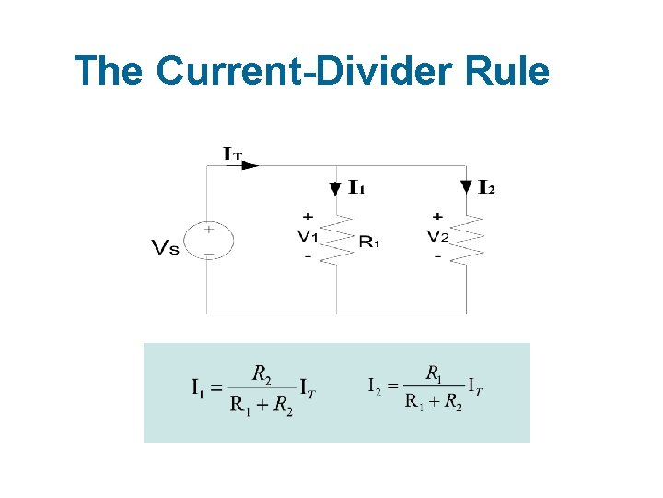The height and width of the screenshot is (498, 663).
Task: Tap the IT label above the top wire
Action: click(233, 154)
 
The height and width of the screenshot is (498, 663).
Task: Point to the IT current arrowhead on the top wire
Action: click(252, 166)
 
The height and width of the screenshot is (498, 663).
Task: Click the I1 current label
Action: click(356, 188)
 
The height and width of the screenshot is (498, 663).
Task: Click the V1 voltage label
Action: click(307, 236)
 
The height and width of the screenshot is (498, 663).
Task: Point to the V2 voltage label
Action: click(437, 236)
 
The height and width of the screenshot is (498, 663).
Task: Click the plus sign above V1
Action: click(307, 218)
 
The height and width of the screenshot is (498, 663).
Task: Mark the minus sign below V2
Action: click(437, 256)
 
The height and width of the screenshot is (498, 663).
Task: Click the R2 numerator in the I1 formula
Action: click(262, 373)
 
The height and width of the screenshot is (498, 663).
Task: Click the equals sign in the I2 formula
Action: click(391, 386)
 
